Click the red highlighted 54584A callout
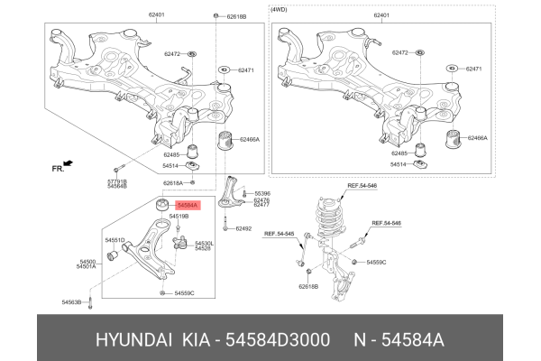pos(188,207)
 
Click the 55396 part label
pos(262,193)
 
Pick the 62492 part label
pos(243,228)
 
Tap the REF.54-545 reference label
pos(280,235)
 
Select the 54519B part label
pos(179,217)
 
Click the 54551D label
pos(114,240)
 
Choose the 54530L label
pos(206,243)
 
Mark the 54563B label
pos(72,301)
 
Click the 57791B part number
pos(116,181)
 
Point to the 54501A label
pos(86,266)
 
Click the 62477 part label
pos(261,205)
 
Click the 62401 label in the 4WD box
pos(383,16)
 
